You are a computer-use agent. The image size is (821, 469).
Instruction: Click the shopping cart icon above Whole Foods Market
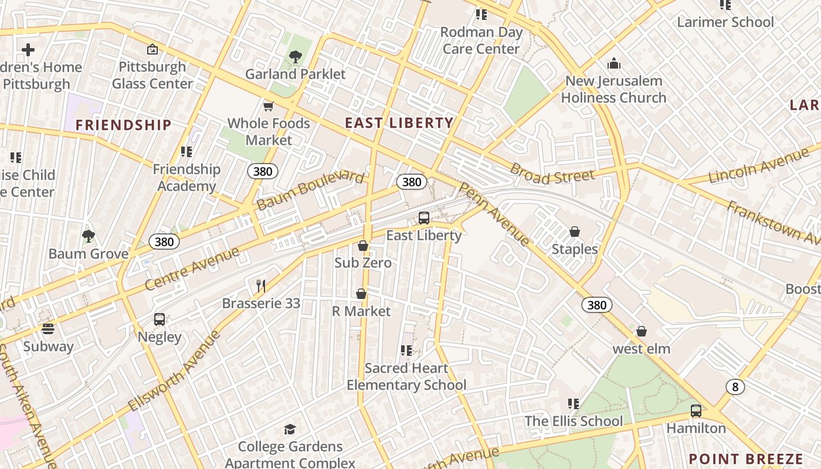tap(269, 106)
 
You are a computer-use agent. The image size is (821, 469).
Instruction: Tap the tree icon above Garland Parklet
tap(296, 57)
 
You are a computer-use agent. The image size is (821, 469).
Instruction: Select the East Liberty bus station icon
tap(424, 218)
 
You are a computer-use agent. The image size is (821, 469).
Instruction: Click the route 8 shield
tap(735, 386)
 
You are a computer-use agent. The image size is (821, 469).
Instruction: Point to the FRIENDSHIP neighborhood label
tap(124, 125)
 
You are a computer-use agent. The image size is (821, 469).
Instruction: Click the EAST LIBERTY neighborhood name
tap(399, 123)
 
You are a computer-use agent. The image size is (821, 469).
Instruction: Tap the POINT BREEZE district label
tap(746, 459)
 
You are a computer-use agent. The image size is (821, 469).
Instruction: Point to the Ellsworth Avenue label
tap(175, 370)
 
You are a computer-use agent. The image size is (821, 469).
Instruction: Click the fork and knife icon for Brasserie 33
tap(261, 286)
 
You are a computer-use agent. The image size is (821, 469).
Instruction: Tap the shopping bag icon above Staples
tap(575, 232)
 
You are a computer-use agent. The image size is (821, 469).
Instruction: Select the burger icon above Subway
tap(48, 329)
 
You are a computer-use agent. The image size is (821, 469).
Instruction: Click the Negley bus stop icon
tap(160, 320)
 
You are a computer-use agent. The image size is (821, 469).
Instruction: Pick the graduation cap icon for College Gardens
tap(290, 430)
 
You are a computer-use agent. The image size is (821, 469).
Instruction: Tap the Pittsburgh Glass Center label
tap(152, 75)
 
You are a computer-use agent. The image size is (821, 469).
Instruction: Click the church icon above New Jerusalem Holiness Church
tap(614, 63)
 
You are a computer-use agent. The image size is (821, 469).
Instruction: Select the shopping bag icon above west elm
tap(642, 332)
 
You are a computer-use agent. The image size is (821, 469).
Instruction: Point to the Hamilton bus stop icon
tap(696, 411)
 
